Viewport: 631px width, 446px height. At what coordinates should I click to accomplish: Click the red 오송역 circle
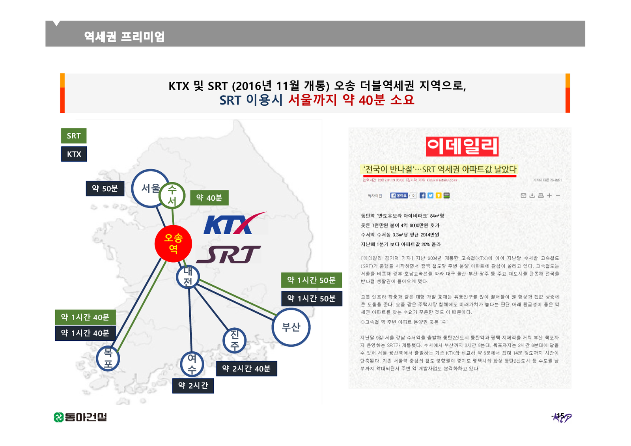click(x=173, y=243)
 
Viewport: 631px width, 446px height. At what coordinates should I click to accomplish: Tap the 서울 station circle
click(x=149, y=188)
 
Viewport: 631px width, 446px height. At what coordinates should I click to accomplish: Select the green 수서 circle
click(x=172, y=196)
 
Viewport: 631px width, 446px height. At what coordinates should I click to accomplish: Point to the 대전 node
click(x=188, y=276)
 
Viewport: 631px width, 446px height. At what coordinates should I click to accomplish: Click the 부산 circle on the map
click(x=291, y=327)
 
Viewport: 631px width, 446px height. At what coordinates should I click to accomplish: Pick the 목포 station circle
click(x=108, y=358)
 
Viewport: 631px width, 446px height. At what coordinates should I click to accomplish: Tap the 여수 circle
click(x=192, y=364)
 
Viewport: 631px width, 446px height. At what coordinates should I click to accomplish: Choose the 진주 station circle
click(x=235, y=340)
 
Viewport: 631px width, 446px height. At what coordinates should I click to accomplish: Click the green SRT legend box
click(x=74, y=136)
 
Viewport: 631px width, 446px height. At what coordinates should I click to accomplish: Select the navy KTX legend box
click(x=74, y=154)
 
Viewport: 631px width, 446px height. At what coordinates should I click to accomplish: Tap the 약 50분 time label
click(x=105, y=188)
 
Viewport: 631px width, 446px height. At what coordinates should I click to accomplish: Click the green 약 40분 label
click(x=209, y=198)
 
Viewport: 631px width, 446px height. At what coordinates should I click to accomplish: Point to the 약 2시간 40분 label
click(x=246, y=369)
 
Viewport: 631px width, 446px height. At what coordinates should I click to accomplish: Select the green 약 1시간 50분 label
click(x=311, y=280)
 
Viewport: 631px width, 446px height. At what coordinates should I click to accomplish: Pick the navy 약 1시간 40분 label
click(x=85, y=333)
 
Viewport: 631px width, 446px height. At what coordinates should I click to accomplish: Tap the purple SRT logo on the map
click(x=229, y=254)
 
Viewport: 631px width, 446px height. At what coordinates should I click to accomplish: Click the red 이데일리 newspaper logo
click(x=462, y=146)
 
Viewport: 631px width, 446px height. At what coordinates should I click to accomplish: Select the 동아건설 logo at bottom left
click(x=80, y=417)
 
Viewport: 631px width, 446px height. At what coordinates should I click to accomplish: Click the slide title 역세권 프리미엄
click(x=124, y=37)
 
